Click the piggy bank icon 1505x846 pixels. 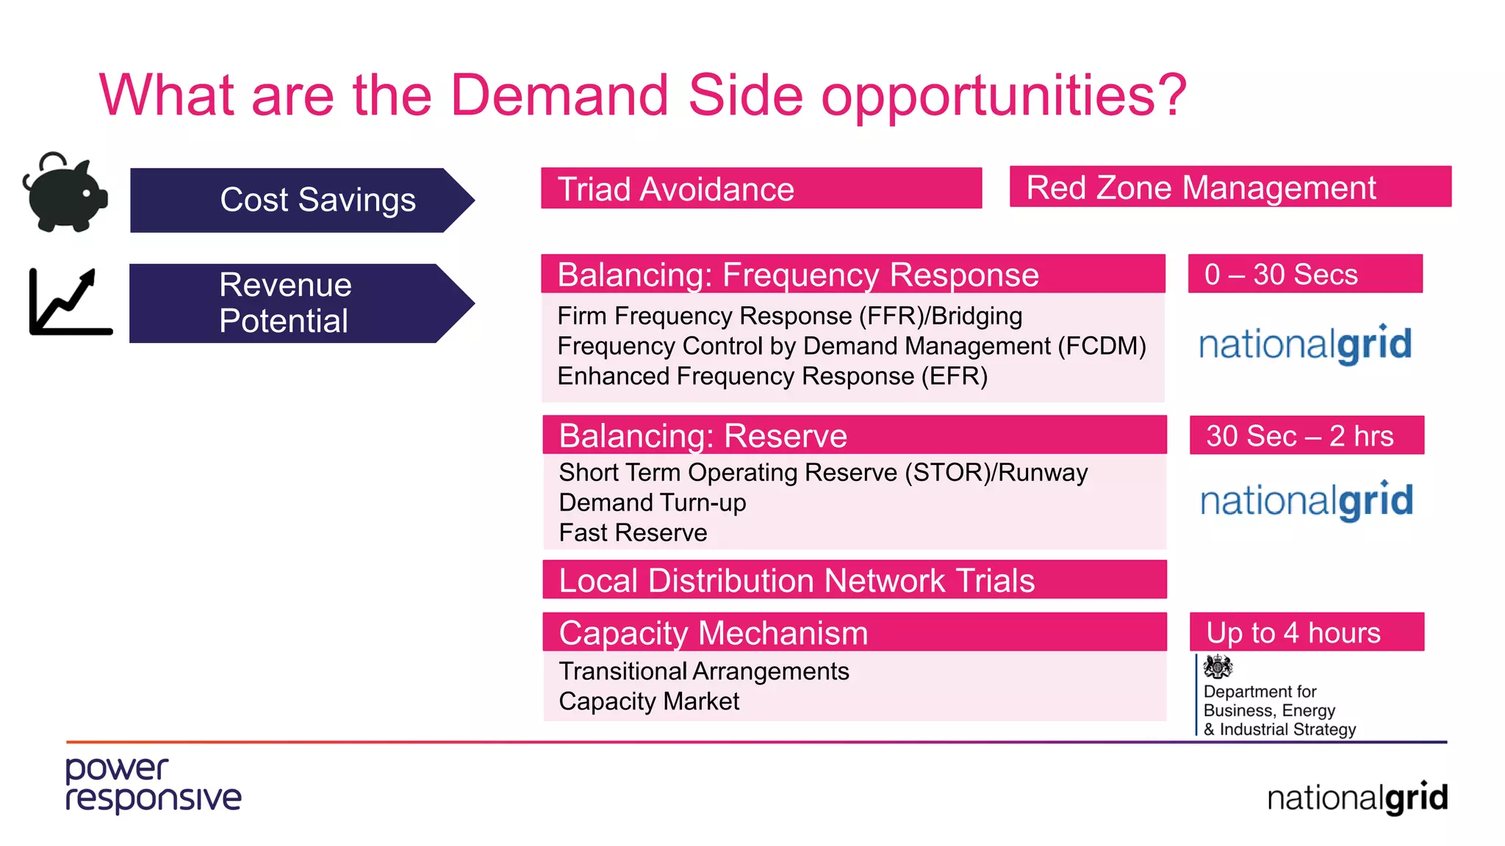pos(65,192)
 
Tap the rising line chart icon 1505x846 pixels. pos(70,302)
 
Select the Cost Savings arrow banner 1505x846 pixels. pos(301,200)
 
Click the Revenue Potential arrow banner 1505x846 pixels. pos(301,303)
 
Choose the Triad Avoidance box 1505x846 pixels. pos(761,189)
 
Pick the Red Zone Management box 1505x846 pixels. pos(1229,187)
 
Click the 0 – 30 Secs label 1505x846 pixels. pos(1304,274)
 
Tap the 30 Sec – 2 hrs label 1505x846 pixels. pos(1306,435)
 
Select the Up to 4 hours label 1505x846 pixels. pos(1306,632)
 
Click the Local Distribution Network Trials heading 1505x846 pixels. pos(854,580)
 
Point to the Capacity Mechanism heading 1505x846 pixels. pos(854,632)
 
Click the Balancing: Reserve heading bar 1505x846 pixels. pos(854,435)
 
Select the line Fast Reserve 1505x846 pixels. pos(633,532)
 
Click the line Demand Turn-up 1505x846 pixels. pos(652,502)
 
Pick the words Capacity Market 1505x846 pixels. pos(648,701)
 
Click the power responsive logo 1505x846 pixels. pos(153,785)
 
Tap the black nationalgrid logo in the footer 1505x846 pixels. pos(1357,798)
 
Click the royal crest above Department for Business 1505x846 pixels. pos(1218,667)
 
